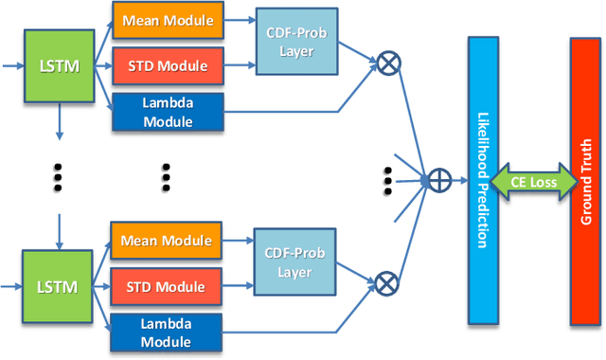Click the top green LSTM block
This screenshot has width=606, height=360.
59,67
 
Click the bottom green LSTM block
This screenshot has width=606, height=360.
59,283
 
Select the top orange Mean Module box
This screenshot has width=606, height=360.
168,20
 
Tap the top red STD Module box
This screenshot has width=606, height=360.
168,66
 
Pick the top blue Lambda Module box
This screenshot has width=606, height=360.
168,111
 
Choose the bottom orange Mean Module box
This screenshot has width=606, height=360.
168,240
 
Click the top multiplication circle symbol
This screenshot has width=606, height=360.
387,64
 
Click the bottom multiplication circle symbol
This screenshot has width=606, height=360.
387,281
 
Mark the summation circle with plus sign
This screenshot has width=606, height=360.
437,177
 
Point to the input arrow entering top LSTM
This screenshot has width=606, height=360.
13,67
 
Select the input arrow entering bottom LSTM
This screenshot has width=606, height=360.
13,283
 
